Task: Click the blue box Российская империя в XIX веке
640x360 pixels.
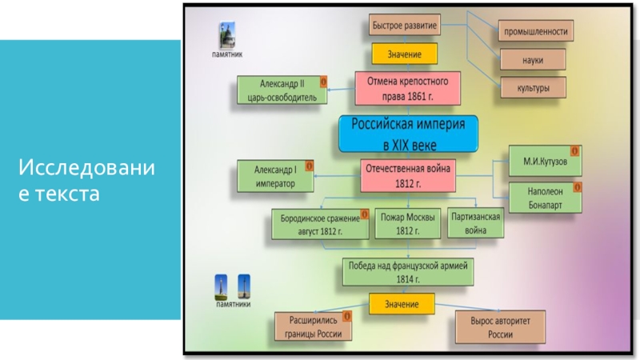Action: click(x=407, y=134)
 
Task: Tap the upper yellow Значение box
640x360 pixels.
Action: click(x=404, y=54)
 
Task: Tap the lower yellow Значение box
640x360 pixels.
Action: click(x=401, y=305)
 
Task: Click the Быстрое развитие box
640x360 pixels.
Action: click(x=404, y=26)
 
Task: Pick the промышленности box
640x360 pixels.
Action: click(x=535, y=33)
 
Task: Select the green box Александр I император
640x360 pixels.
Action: click(x=275, y=177)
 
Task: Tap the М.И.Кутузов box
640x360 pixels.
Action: click(x=544, y=161)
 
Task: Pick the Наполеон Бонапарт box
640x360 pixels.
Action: click(x=544, y=198)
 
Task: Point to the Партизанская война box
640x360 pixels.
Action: click(x=476, y=223)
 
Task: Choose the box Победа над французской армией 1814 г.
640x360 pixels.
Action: click(x=407, y=271)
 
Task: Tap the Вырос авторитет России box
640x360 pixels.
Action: click(x=501, y=327)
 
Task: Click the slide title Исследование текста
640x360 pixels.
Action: click(x=88, y=181)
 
